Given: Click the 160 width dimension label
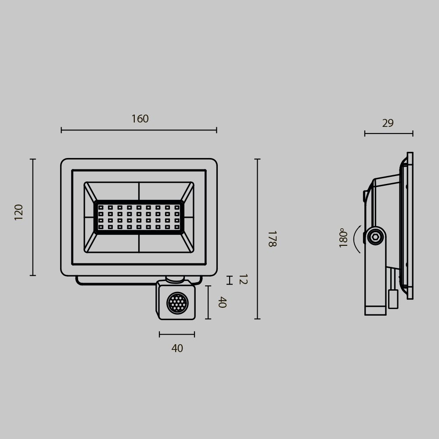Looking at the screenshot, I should point(140,119).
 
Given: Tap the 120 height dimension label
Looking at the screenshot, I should point(19,212).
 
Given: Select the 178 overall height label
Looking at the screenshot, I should point(272,239).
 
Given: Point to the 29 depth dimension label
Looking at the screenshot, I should point(388,123).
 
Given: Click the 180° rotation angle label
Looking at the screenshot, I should point(343,238).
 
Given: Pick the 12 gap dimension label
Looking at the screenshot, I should point(242,279).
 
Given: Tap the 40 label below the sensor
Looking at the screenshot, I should point(177,349).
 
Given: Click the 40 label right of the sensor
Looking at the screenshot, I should point(222,302).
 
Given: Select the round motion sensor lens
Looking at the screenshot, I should point(177,303).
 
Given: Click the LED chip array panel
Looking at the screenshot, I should point(139,217).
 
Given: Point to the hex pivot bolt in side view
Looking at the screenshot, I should point(375,237).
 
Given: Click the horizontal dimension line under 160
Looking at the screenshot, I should point(139,130).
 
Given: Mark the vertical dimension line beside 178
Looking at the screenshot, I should point(257,239).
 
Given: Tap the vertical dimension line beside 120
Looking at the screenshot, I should point(32,217).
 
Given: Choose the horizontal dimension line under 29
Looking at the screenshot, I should point(389,133).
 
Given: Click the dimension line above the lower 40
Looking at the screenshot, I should point(177,335).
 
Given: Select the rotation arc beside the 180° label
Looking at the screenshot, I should point(356,239).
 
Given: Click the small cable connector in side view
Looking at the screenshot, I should point(393,299).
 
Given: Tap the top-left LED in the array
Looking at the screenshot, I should point(101,207).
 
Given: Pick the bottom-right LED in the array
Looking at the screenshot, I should point(177,227).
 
